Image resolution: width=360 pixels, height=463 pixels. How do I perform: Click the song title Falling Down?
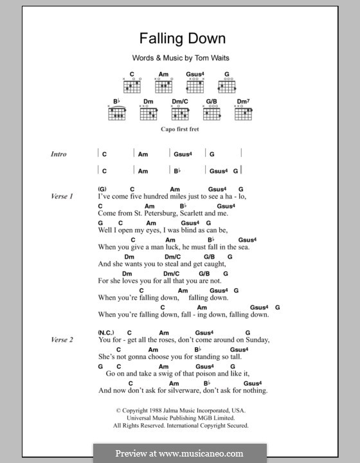(x=179, y=39)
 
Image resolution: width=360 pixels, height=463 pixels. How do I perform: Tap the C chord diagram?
(x=132, y=84)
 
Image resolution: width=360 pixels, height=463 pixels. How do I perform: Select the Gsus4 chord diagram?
(x=195, y=84)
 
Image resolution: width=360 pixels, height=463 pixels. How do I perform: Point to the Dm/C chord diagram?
(x=179, y=113)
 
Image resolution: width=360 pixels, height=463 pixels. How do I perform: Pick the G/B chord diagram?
(x=212, y=113)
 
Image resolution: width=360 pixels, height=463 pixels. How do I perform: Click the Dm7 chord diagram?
(x=243, y=113)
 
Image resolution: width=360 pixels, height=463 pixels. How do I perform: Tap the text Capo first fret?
(x=180, y=129)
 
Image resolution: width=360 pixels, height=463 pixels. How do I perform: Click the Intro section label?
(x=59, y=154)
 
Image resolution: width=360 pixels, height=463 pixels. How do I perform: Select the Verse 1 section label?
(x=62, y=195)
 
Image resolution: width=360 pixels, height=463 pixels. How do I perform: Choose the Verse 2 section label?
(x=62, y=339)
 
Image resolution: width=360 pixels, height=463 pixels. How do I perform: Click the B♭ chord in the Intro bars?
(x=177, y=171)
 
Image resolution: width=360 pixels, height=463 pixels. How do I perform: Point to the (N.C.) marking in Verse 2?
(x=105, y=332)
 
